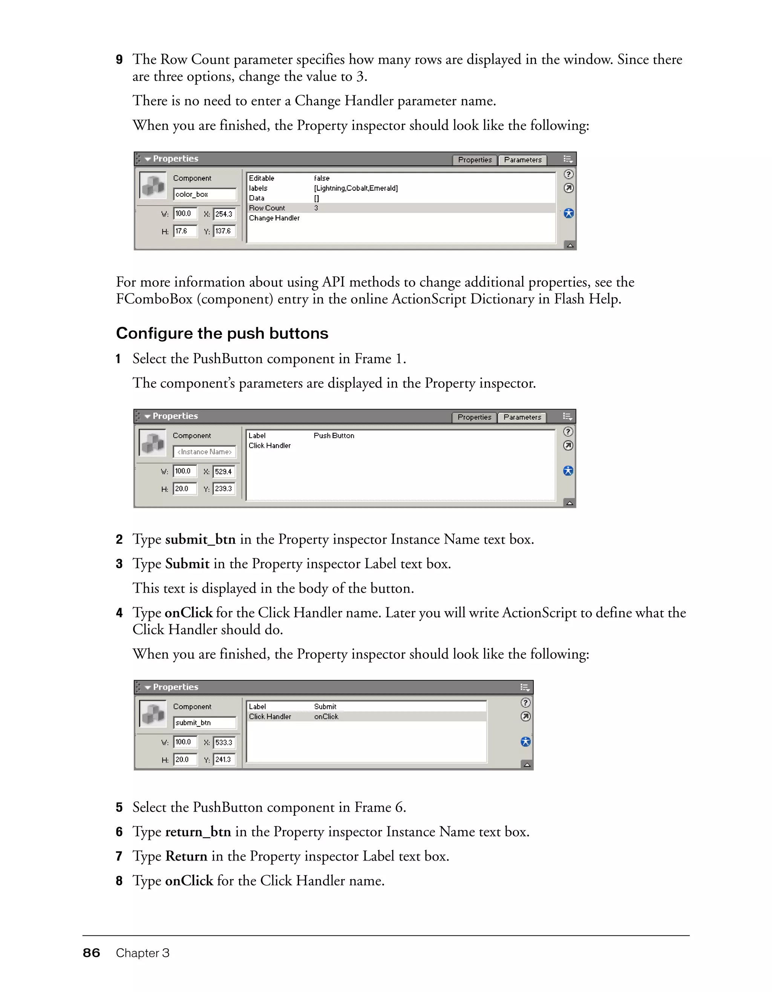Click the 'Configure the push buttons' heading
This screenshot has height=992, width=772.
point(222,333)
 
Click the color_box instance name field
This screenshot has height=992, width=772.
point(204,194)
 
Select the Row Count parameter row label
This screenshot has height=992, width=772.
point(267,208)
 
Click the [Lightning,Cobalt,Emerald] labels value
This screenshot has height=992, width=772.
point(356,188)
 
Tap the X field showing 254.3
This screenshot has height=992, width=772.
point(224,214)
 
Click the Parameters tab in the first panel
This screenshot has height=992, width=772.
point(522,160)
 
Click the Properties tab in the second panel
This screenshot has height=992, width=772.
point(474,417)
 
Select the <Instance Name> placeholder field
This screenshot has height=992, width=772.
point(204,452)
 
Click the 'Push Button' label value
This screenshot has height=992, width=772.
point(334,436)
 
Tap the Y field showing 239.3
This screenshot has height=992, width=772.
point(224,489)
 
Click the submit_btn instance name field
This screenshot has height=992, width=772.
point(204,723)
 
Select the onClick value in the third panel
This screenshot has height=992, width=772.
point(326,717)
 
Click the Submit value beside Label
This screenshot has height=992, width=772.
point(325,707)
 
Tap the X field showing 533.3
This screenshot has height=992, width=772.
point(224,743)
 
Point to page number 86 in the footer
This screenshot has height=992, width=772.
point(91,953)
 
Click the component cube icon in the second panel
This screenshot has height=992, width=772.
point(153,443)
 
